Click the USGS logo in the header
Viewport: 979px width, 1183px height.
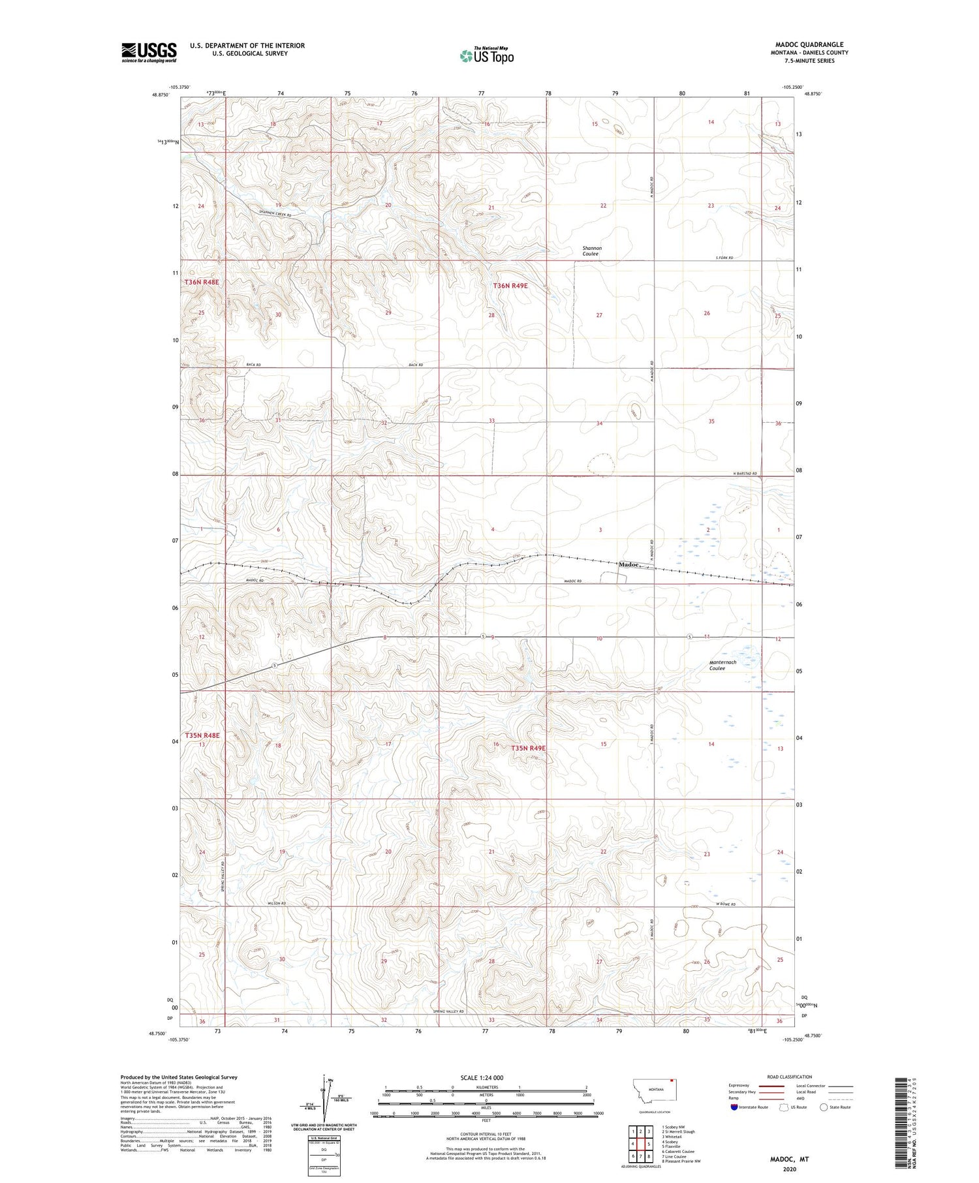click(148, 52)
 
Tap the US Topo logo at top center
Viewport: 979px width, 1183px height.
click(487, 56)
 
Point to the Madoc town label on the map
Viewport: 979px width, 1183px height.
click(629, 564)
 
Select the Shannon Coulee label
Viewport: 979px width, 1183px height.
click(591, 251)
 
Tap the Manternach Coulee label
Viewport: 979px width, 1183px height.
click(723, 665)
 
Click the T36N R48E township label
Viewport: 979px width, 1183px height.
click(202, 282)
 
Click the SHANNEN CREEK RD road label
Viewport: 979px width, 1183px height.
click(258, 211)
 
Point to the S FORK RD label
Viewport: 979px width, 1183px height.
click(724, 258)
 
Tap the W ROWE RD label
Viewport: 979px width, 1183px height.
click(725, 904)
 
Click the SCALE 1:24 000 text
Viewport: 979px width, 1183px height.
click(482, 1077)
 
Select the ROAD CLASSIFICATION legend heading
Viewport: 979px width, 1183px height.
click(790, 1077)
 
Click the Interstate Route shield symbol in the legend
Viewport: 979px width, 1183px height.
click(734, 1107)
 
